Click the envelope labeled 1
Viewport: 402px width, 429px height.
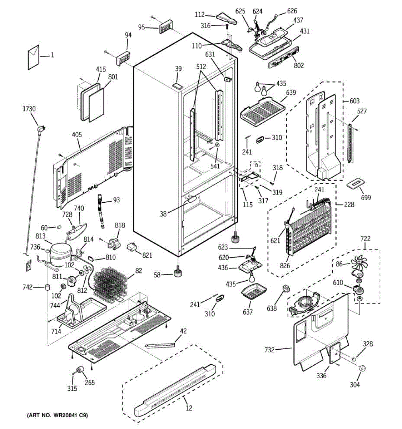coord(34,57)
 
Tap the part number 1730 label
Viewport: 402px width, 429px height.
coord(29,109)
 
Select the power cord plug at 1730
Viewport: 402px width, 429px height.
coord(41,130)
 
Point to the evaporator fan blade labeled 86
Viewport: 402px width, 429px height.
coord(359,264)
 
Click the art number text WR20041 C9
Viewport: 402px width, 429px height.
coord(58,415)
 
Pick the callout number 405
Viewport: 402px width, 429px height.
coord(77,134)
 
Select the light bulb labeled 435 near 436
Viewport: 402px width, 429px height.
coord(251,277)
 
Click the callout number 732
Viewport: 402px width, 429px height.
coord(269,350)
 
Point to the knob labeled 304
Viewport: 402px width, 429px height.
coord(362,368)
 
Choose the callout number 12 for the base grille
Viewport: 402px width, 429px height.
coord(189,408)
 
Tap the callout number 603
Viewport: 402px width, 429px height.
coord(354,101)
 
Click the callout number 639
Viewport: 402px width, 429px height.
coord(291,93)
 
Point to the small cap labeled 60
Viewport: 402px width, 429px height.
coord(59,227)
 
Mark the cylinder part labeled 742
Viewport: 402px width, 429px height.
coord(47,287)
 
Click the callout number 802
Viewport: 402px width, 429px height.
coord(299,65)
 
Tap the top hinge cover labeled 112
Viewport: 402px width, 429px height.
coord(227,19)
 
